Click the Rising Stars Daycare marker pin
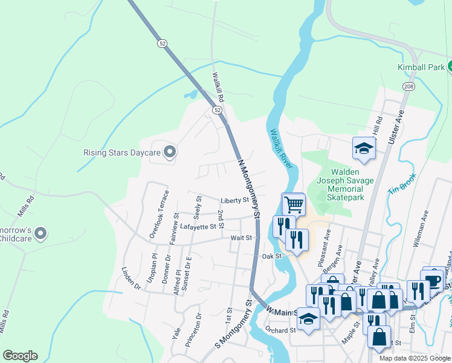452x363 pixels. [170, 152]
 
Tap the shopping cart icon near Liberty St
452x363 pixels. [294, 204]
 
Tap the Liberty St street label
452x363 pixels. [235, 200]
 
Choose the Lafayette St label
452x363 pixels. [198, 226]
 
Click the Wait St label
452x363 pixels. [241, 238]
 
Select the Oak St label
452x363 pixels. [272, 257]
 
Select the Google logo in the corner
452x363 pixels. [20, 356]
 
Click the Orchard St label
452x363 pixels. [280, 330]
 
